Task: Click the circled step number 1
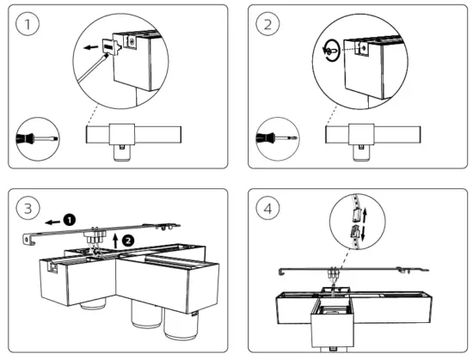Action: coord(28,24)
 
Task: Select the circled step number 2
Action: coord(267,24)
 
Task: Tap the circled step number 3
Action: coord(28,208)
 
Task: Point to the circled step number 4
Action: coord(267,208)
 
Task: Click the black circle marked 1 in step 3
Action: coord(70,220)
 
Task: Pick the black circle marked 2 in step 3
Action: coord(128,241)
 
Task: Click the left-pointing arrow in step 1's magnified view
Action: coord(91,47)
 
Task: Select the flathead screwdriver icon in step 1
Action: coord(37,139)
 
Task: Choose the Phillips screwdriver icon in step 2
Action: coord(277,138)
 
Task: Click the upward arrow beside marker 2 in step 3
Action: coord(115,240)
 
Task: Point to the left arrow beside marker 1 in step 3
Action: coord(52,223)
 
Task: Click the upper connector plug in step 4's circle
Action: coord(356,214)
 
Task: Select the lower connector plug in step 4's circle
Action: coord(354,231)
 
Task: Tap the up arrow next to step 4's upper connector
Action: coord(365,215)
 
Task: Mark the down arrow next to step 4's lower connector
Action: coord(363,234)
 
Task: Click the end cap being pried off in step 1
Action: coord(111,46)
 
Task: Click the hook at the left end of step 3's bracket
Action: coord(28,239)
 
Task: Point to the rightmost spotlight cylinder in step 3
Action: coord(181,326)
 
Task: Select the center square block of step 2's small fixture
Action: coord(361,134)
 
